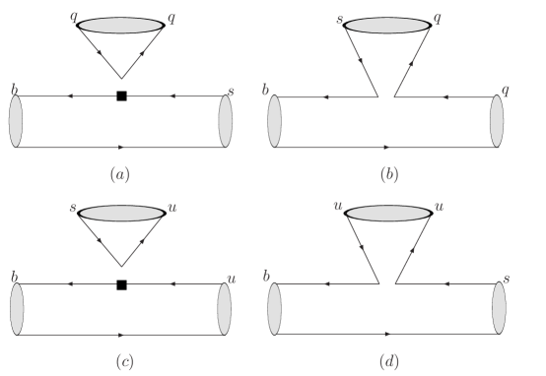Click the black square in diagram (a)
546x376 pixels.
coord(121,95)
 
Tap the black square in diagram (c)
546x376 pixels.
coord(121,284)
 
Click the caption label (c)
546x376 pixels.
coord(119,361)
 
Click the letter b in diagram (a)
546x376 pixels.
coord(13,88)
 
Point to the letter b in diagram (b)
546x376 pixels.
coord(266,90)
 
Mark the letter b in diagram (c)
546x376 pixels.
coord(13,277)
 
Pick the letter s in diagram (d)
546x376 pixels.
coord(508,280)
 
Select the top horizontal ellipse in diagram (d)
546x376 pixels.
coord(391,212)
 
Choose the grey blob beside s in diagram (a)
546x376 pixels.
coord(225,121)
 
